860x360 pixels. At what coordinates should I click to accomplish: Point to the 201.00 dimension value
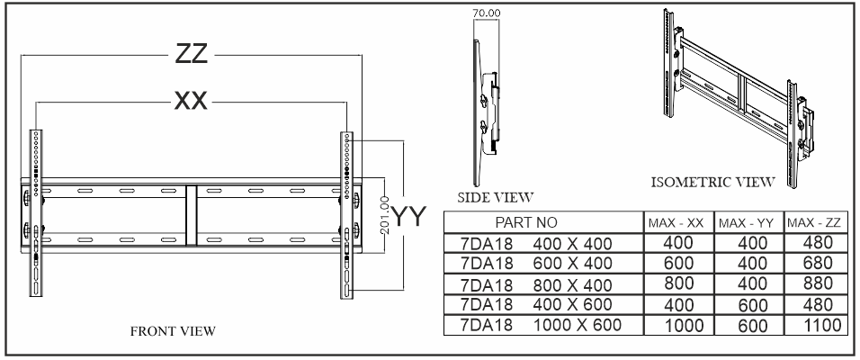click(384, 214)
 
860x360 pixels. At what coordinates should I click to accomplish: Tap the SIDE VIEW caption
click(496, 196)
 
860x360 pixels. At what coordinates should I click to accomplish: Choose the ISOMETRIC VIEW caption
click(713, 182)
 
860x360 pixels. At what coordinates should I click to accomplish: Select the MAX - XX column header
click(676, 221)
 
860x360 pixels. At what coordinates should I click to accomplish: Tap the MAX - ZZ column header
click(813, 221)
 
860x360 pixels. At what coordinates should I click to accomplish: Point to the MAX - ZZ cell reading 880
click(813, 285)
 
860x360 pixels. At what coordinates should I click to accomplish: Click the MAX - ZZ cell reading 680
click(813, 264)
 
